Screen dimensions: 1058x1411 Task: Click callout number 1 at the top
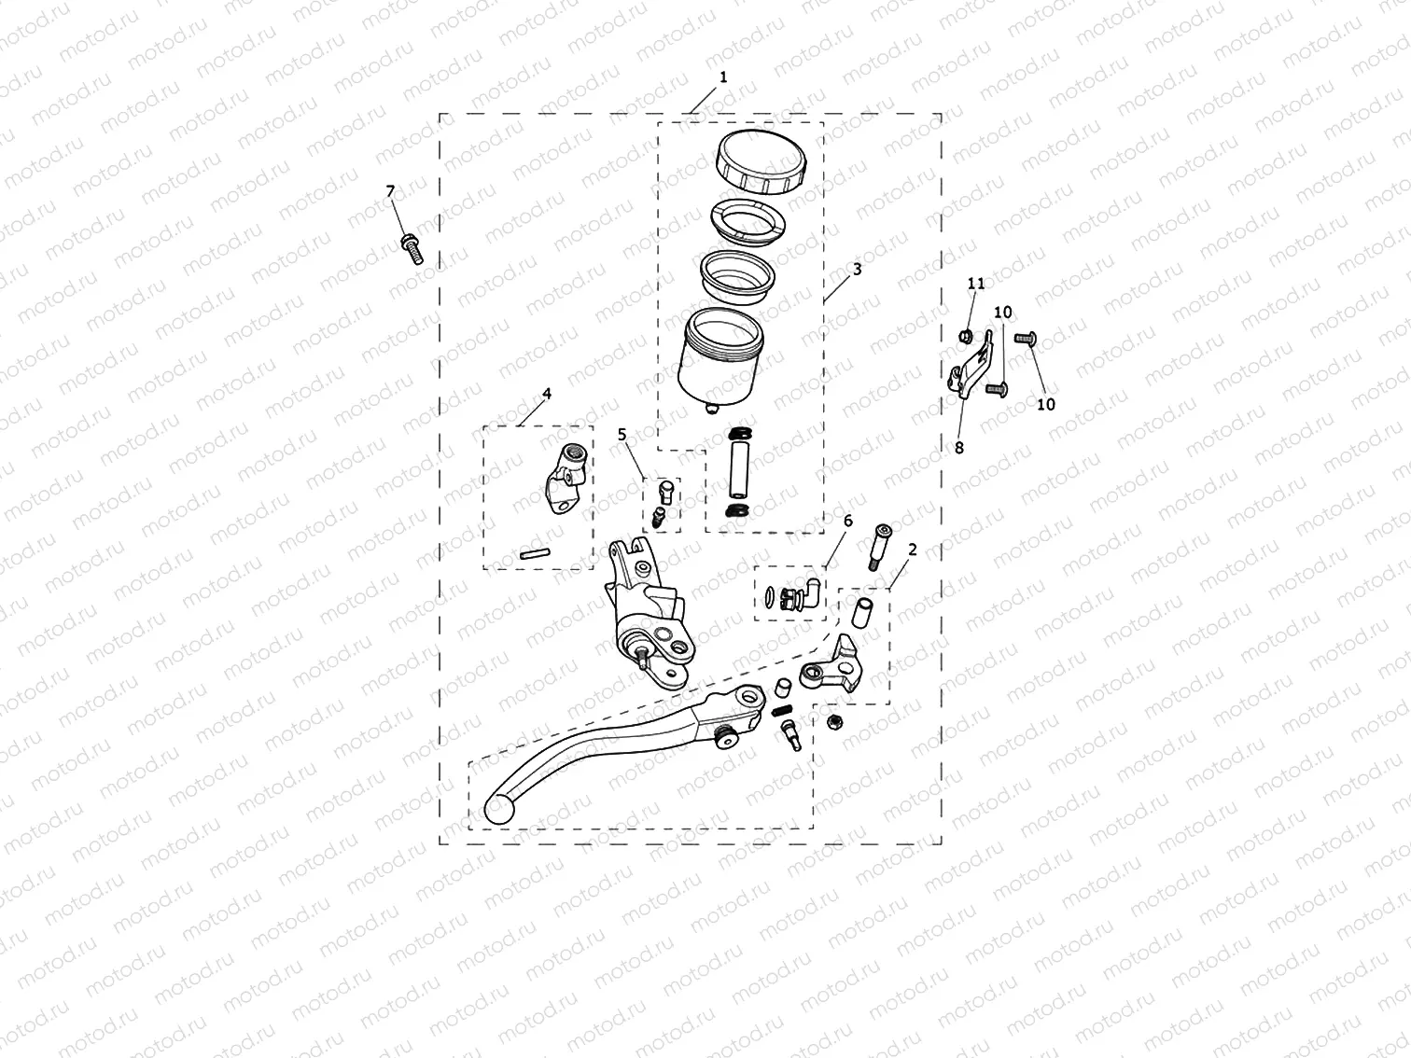pos(723,77)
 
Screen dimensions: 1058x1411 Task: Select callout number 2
pos(912,550)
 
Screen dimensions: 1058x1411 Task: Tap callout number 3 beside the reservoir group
pos(857,269)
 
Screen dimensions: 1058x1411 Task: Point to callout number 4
pos(547,394)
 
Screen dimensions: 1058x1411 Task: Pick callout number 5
pos(622,434)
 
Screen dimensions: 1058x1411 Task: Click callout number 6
pos(847,521)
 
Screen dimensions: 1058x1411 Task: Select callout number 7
pos(391,191)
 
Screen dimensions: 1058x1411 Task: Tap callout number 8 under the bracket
pos(958,447)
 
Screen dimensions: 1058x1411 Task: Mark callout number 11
pos(976,283)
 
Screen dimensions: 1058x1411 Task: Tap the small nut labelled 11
pos(968,334)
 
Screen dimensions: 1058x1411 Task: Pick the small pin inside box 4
pos(533,552)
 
